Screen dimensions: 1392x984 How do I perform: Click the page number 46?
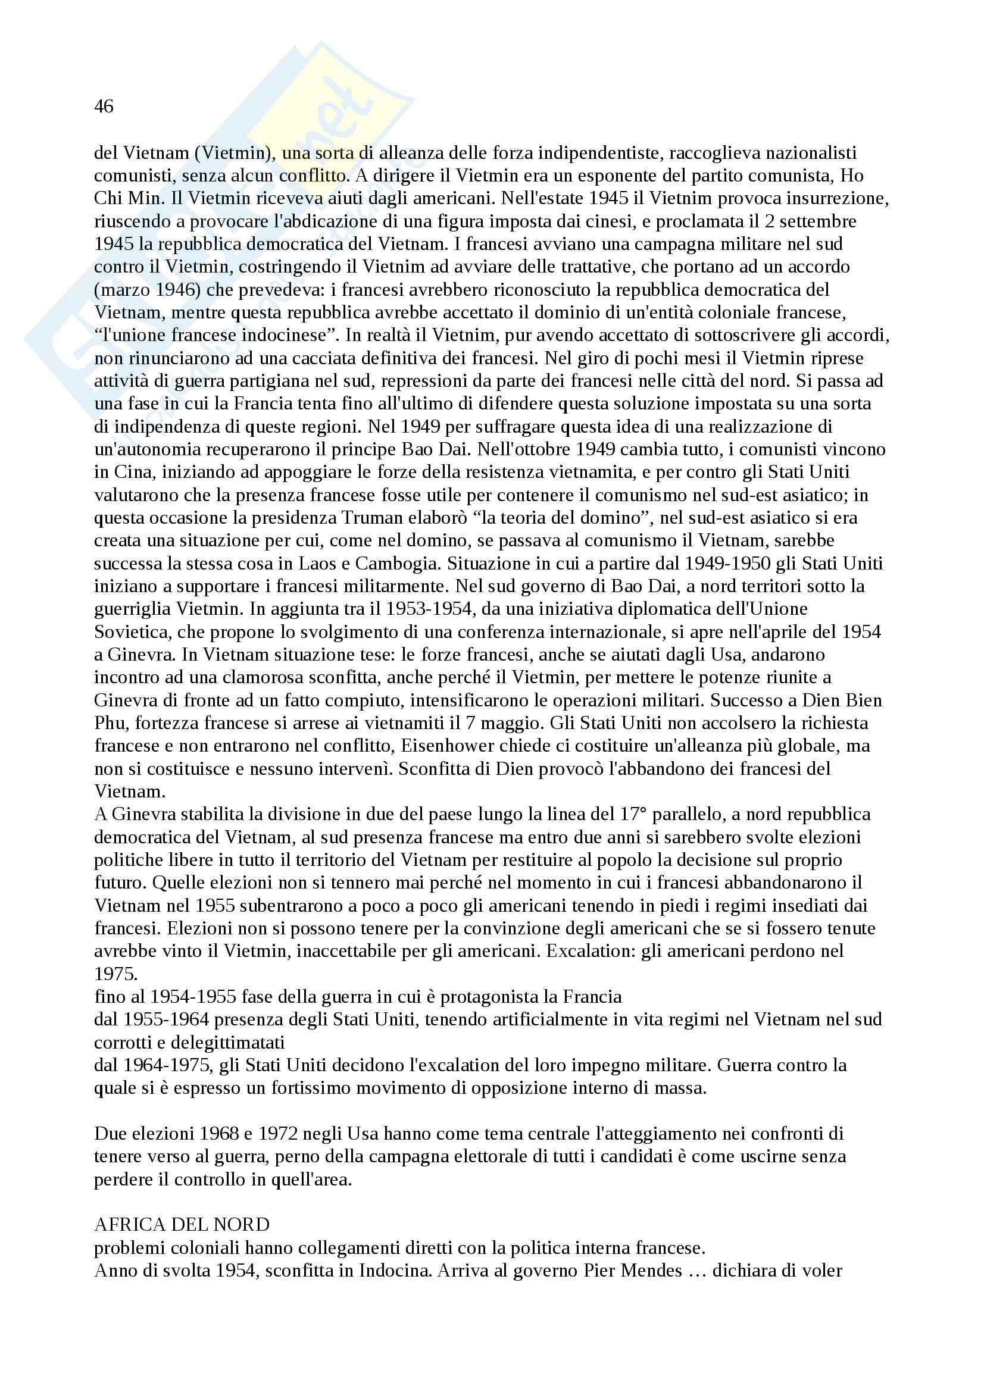(104, 107)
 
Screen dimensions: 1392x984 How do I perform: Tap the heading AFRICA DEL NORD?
(182, 1225)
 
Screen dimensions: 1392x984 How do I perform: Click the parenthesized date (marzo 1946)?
(148, 290)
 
